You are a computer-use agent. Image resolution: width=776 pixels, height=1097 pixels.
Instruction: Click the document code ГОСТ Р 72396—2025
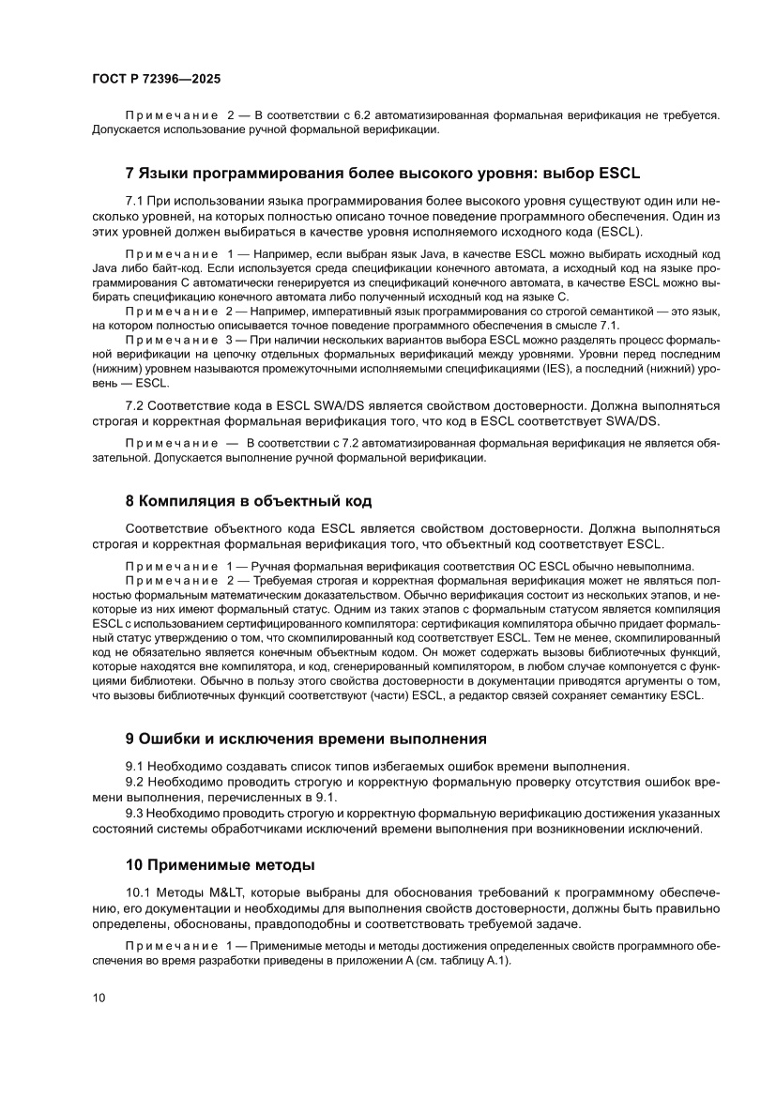(150, 81)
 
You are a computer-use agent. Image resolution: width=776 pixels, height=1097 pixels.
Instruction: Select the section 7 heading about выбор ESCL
(382, 174)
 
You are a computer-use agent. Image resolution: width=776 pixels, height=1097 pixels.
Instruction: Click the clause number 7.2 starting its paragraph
(136, 406)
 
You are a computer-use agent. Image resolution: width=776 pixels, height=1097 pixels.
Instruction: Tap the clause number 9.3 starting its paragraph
(136, 813)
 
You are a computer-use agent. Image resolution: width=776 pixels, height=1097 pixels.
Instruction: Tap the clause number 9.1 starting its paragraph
(136, 767)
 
